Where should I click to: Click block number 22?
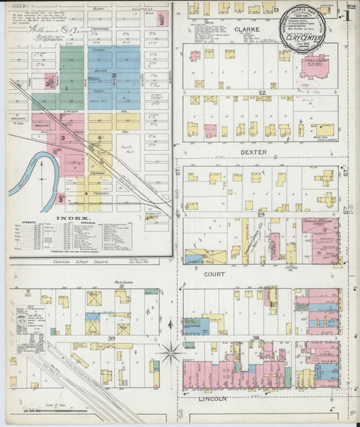[261, 92]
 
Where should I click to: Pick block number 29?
[261, 214]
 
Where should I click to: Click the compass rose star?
[172, 352]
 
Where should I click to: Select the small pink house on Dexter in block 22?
[210, 130]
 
